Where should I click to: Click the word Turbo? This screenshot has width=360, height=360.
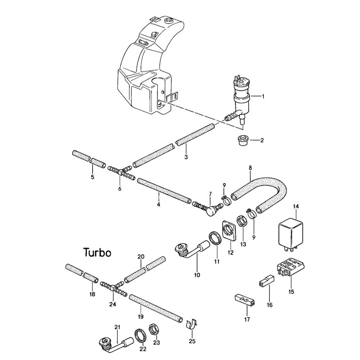97,252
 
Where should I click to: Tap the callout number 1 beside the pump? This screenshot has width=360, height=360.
263,96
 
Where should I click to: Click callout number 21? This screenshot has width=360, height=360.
117,327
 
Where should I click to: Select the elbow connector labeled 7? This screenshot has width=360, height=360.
209,209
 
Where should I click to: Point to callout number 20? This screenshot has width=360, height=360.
141,257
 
